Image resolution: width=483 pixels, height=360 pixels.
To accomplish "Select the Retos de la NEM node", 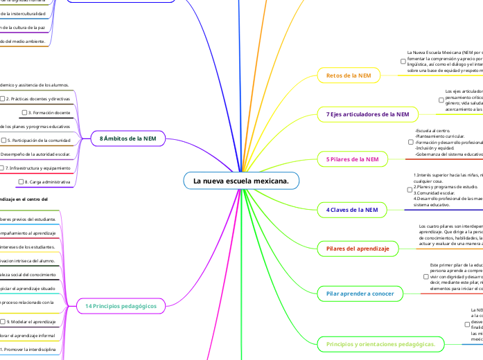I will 344,75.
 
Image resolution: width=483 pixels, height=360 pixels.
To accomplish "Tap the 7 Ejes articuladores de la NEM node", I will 367,113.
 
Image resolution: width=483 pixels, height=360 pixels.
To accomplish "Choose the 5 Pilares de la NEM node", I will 352,159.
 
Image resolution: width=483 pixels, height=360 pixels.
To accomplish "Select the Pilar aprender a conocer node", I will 360,294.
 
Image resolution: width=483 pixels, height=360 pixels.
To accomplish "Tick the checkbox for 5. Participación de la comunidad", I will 4,141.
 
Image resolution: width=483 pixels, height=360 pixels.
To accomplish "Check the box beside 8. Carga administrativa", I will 20,182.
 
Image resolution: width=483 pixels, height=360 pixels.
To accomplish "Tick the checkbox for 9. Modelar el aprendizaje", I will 4,322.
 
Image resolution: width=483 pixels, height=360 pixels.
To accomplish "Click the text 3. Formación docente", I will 49,112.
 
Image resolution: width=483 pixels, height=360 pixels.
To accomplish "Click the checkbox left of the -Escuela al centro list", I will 410,142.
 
